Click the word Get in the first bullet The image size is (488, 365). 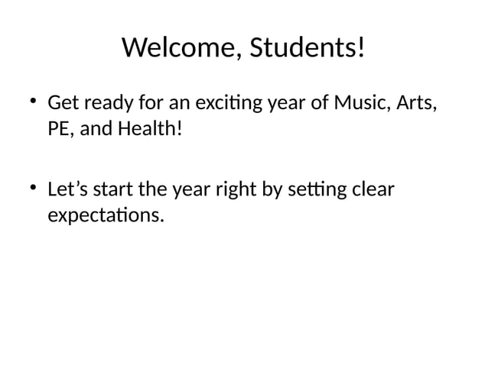tap(61, 102)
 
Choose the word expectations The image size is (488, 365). tap(105, 215)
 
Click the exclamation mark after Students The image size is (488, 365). tap(361, 49)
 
